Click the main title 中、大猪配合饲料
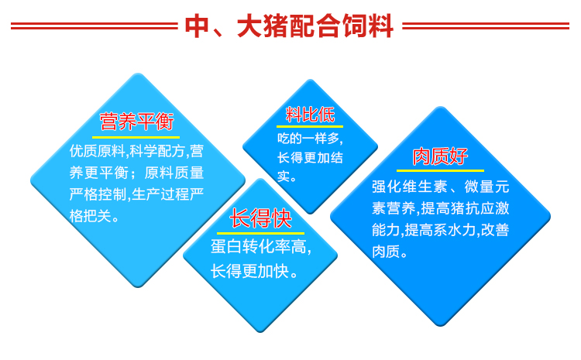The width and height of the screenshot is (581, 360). click(289, 26)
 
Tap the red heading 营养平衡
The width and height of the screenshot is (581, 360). click(136, 122)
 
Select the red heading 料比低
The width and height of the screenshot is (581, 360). click(310, 115)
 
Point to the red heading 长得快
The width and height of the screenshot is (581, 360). click(260, 218)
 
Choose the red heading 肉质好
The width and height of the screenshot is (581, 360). click(440, 156)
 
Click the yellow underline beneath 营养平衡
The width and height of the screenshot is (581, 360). click(136, 137)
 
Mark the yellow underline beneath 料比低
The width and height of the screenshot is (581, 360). click(310, 127)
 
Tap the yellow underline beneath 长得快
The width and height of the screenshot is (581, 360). click(260, 233)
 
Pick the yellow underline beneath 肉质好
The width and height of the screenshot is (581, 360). click(440, 170)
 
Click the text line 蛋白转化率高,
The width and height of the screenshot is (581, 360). click(261, 247)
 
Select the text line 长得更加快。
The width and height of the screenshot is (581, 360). click(254, 272)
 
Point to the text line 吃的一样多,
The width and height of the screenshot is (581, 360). click(310, 139)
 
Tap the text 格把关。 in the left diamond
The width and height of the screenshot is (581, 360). click(94, 216)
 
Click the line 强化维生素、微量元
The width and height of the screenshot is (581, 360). click(441, 187)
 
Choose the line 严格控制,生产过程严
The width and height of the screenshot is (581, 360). click(136, 194)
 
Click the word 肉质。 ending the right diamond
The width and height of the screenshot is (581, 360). click(390, 252)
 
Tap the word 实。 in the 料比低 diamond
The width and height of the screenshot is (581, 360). click(287, 177)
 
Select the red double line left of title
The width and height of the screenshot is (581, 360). click(95, 26)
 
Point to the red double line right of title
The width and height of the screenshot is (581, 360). click(486, 26)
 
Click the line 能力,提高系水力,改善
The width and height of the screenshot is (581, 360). click(441, 230)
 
